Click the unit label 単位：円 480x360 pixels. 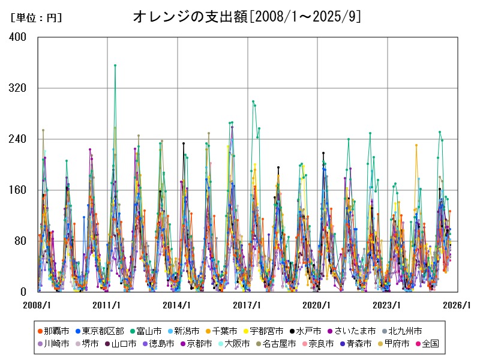point(36,18)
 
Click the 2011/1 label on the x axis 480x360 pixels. point(107,305)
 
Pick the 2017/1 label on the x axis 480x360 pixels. point(247,305)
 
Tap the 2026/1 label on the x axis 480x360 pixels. point(457,305)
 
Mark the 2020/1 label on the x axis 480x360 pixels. point(317,305)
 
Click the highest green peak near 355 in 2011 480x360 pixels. point(115,65)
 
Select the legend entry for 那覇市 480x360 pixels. point(53,331)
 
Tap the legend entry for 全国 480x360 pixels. point(427,344)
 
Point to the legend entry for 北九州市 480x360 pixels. point(401,331)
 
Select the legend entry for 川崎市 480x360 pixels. point(53,344)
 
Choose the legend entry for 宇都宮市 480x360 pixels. point(263,331)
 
